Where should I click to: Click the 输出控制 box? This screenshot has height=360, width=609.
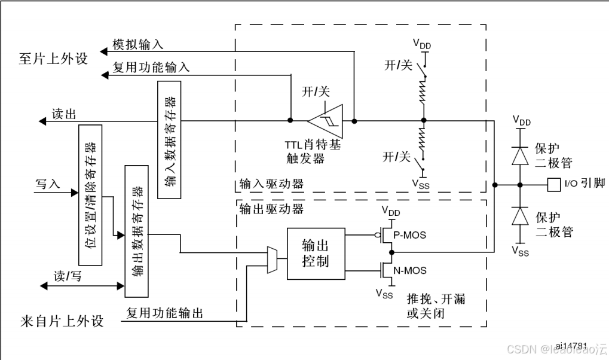pyautogui.click(x=316, y=254)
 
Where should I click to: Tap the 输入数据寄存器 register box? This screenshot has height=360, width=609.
pyautogui.click(x=170, y=139)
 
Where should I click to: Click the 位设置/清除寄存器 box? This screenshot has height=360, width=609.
pyautogui.click(x=90, y=194)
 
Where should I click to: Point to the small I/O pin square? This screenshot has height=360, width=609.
pyautogui.click(x=553, y=184)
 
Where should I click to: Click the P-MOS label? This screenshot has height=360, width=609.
pyautogui.click(x=411, y=235)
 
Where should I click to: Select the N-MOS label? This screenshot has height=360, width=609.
pyautogui.click(x=410, y=271)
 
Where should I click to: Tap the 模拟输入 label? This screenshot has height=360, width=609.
pyautogui.click(x=138, y=45)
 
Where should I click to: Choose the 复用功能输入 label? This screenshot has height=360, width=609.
pyautogui.click(x=151, y=68)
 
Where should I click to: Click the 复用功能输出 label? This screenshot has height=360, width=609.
pyautogui.click(x=165, y=313)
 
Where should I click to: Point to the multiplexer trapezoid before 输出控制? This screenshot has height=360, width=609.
pyautogui.click(x=272, y=260)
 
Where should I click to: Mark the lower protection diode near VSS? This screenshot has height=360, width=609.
pyautogui.click(x=521, y=215)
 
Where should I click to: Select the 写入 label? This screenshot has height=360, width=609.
pyautogui.click(x=48, y=184)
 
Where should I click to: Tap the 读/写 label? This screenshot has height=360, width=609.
pyautogui.click(x=67, y=276)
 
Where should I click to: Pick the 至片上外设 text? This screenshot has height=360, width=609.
pyautogui.click(x=53, y=59)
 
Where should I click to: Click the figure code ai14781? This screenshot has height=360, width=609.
pyautogui.click(x=571, y=346)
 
